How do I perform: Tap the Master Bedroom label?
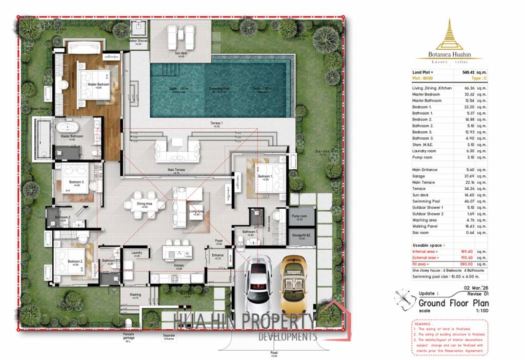(x=98, y=84)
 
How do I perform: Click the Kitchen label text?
(x=178, y=266)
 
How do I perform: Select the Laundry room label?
(x=136, y=252)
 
